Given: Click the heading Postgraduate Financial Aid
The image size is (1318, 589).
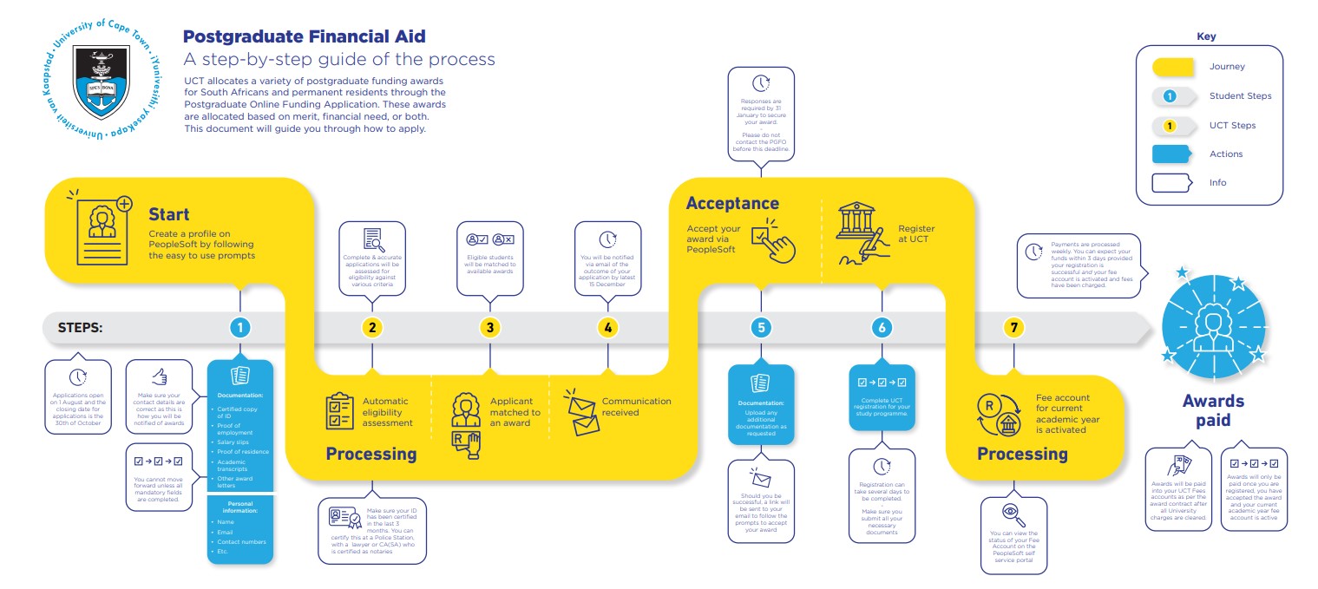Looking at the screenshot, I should (304, 36).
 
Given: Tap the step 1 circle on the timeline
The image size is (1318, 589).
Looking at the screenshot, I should (239, 328).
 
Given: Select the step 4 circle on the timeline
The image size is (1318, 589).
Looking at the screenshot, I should (608, 328).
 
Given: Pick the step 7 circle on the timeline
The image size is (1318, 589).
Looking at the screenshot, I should (1013, 328).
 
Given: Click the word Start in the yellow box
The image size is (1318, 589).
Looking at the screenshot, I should (168, 213).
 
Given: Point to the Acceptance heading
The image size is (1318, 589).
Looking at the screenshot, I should (732, 203).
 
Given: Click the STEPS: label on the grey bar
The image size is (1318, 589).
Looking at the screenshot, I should (80, 328).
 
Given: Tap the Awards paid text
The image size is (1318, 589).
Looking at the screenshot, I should (1212, 410).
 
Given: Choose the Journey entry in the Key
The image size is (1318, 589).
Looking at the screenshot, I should (1227, 67).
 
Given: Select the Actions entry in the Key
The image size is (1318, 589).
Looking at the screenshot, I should (1226, 154).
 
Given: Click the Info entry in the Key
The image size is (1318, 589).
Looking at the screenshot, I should (1217, 183).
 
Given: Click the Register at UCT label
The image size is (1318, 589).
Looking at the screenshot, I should (916, 233).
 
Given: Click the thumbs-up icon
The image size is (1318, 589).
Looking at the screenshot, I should (159, 376).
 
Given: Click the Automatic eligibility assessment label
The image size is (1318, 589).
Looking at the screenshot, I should (384, 412).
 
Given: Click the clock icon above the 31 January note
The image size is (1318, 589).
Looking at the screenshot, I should (760, 83).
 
